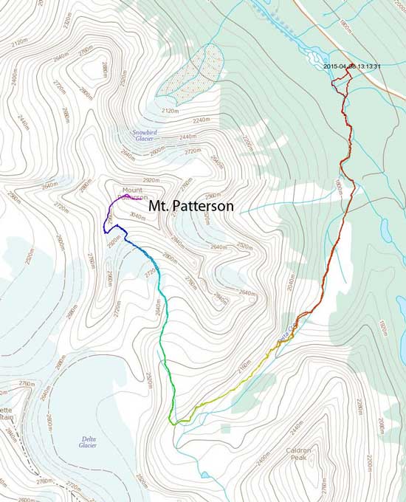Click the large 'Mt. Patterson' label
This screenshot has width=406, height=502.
(191, 207)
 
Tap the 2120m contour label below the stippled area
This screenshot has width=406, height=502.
(169, 111)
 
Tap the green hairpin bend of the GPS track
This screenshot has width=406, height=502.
(172, 422)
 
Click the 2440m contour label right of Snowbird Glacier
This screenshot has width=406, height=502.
(187, 137)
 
